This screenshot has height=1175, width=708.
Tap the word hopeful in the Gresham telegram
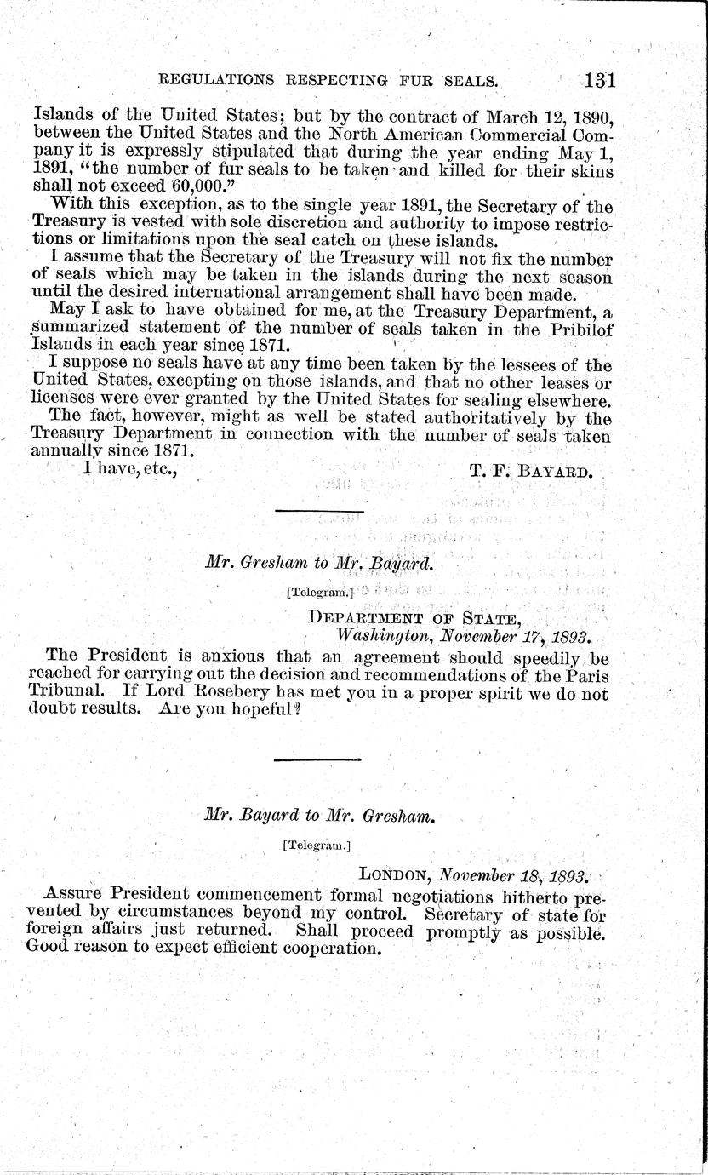[254, 713]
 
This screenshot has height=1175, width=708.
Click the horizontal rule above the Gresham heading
[319, 512]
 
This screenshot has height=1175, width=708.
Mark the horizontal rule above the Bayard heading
[319, 759]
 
